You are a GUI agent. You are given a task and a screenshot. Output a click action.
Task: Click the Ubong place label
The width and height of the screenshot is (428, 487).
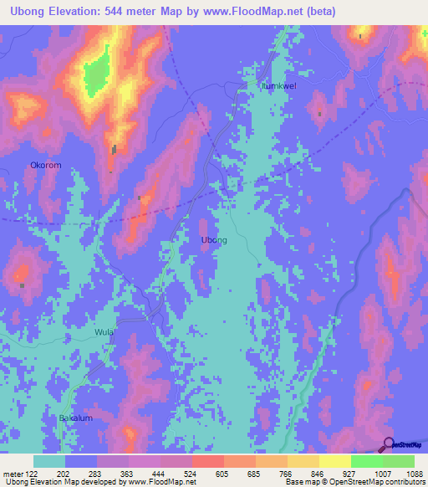214,240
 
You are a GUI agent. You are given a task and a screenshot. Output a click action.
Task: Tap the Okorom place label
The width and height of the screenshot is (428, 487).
45,166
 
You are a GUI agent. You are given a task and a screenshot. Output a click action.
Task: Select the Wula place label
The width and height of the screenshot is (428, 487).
104,332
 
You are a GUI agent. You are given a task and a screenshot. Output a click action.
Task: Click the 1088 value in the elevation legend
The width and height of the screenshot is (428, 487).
414,473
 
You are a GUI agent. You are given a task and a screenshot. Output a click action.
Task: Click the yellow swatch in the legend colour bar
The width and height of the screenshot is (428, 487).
334,461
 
